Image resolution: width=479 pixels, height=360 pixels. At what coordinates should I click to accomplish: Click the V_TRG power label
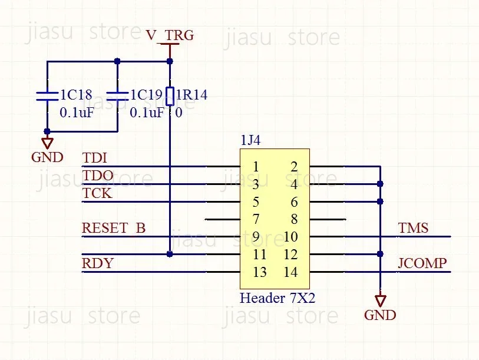[x=170, y=35]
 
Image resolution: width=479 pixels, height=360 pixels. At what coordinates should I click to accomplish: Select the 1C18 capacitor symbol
[x=47, y=96]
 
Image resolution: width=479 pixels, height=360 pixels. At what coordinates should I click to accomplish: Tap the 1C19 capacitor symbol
[x=117, y=96]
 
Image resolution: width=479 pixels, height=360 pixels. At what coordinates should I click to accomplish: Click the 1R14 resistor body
[x=170, y=96]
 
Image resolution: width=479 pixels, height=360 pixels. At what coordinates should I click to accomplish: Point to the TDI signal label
[x=95, y=158]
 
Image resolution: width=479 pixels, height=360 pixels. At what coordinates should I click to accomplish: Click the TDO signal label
[x=98, y=176]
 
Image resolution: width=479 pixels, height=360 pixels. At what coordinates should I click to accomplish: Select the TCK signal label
[x=97, y=193]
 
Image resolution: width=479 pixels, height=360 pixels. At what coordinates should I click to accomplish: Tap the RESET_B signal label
[x=114, y=228]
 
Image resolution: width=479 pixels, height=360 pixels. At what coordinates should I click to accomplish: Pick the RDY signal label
[x=98, y=263]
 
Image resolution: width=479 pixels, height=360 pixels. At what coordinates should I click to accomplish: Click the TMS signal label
[x=414, y=228]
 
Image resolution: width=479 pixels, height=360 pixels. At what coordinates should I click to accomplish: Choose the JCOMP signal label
[x=422, y=263]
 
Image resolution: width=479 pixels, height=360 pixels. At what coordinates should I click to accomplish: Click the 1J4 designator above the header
[x=250, y=140]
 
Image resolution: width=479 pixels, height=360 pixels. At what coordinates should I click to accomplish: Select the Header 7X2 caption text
[x=277, y=298]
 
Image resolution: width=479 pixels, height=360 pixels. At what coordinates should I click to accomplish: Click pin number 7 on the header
[x=256, y=219]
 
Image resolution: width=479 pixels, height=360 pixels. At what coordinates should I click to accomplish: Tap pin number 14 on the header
[x=290, y=272]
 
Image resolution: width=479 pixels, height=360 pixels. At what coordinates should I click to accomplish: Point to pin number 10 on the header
[x=290, y=237]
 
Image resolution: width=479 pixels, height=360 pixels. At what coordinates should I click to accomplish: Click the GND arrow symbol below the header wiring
[x=381, y=300]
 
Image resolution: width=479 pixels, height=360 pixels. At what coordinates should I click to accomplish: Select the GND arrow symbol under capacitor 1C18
[x=47, y=143]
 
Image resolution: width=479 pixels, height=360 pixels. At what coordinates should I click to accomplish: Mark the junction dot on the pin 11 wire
[x=170, y=254]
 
